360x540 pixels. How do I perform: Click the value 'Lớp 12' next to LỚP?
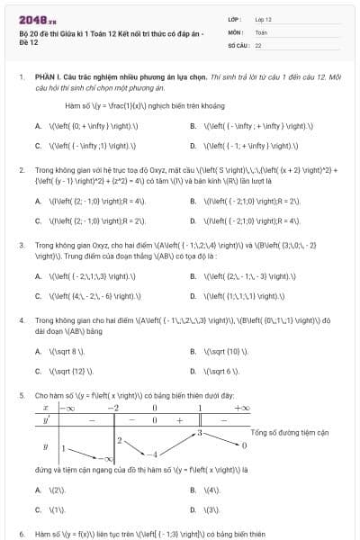264,18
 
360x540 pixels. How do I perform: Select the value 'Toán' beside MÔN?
261,31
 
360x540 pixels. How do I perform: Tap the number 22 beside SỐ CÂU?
258,43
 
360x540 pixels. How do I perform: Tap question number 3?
21,244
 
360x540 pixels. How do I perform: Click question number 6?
21,533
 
